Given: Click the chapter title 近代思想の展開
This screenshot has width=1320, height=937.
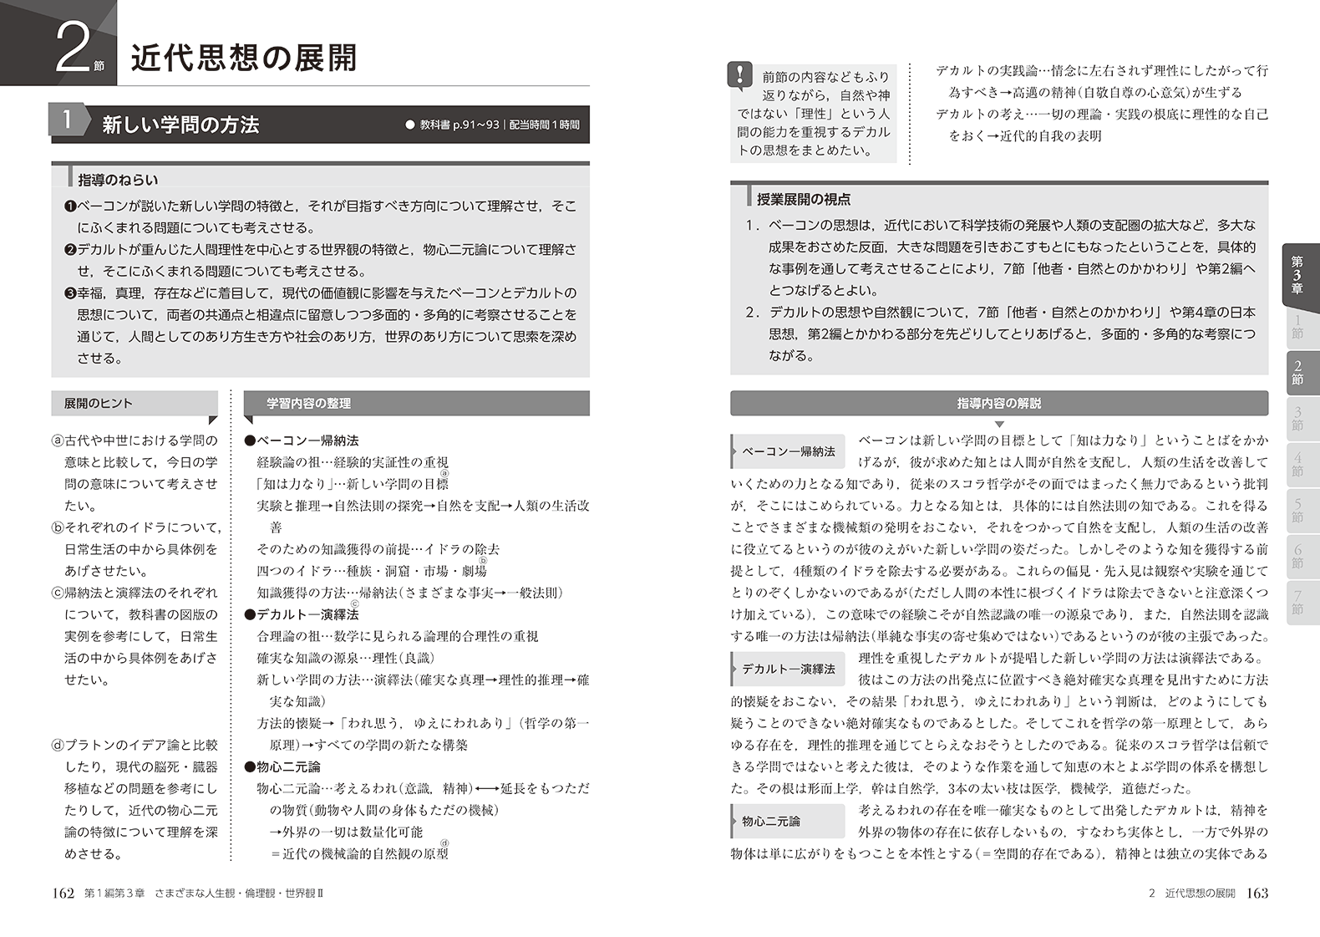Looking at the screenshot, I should pyautogui.click(x=244, y=57).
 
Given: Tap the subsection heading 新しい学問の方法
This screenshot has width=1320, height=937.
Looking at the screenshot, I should pyautogui.click(x=180, y=125).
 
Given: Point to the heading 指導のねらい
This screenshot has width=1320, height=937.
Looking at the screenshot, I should pyautogui.click(x=118, y=180).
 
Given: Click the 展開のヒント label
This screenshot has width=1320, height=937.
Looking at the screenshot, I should pyautogui.click(x=99, y=404).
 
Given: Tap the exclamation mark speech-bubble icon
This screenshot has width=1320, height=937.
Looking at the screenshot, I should pyautogui.click(x=739, y=75).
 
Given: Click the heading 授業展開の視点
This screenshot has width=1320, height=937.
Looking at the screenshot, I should pyautogui.click(x=804, y=200).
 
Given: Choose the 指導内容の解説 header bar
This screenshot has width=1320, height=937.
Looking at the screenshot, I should pyautogui.click(x=998, y=404).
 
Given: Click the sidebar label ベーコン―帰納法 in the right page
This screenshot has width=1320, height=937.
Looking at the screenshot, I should pyautogui.click(x=789, y=451).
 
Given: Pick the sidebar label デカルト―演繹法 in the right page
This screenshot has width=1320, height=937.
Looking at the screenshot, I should pyautogui.click(x=789, y=669).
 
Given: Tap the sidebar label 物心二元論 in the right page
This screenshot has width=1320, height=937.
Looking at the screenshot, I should pyautogui.click(x=771, y=822).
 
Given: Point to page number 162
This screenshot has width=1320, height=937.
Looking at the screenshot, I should pyautogui.click(x=63, y=894).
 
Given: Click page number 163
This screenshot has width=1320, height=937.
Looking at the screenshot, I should pyautogui.click(x=1257, y=894).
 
